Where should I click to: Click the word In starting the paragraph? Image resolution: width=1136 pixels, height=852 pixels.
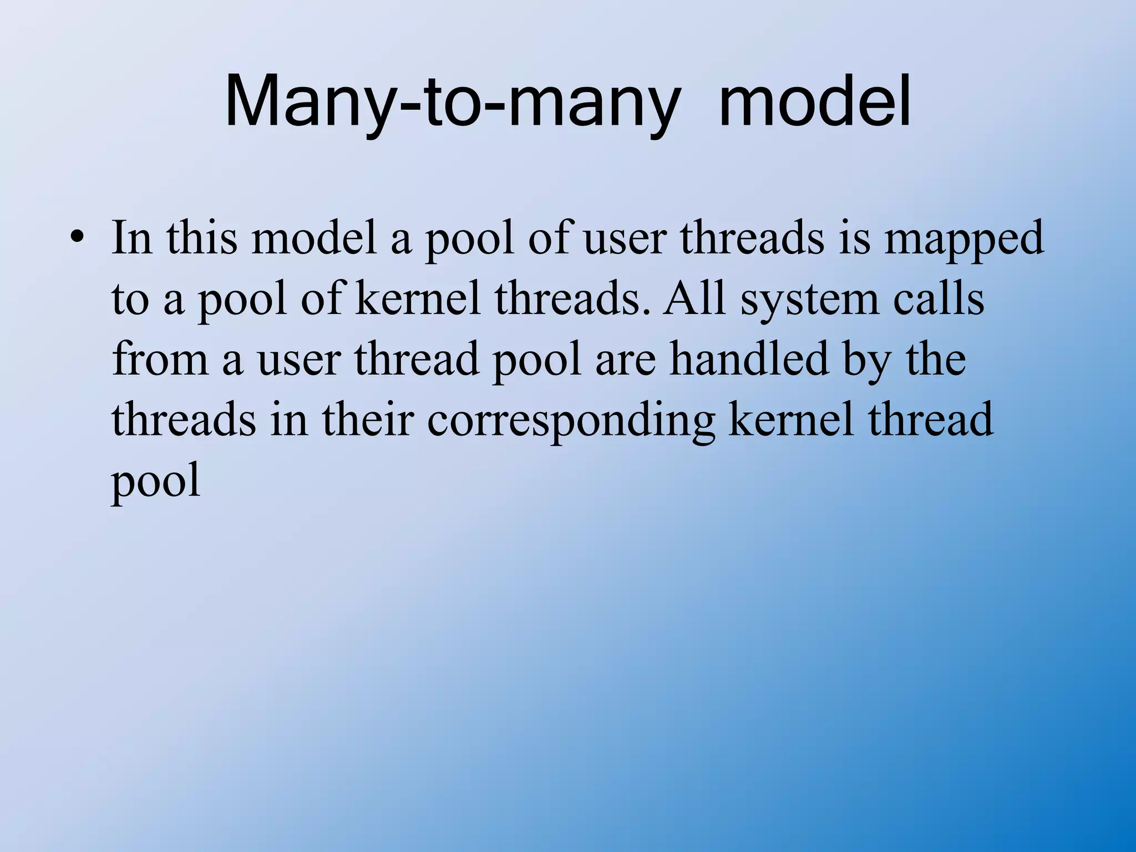[132, 239]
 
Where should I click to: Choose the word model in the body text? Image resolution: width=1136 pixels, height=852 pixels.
[314, 239]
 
